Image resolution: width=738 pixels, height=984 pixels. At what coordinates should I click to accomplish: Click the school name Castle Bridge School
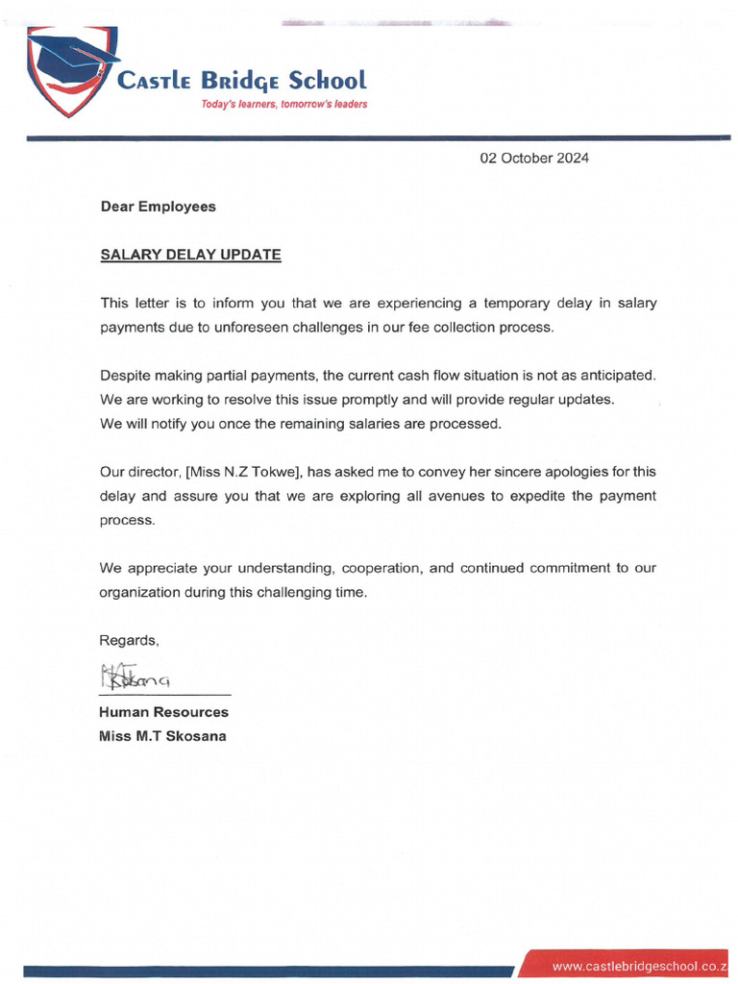[241, 81]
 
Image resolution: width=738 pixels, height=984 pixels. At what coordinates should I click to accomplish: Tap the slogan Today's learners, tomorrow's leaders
[283, 104]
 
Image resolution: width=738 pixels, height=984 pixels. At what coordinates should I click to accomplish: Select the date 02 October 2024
[534, 158]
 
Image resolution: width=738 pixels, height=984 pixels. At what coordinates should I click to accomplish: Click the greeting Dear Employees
[159, 207]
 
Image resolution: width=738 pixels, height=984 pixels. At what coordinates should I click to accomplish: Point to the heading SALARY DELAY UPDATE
[190, 255]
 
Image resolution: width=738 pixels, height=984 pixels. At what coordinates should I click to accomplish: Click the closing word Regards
[129, 640]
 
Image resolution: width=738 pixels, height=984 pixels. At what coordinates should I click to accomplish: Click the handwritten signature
[135, 676]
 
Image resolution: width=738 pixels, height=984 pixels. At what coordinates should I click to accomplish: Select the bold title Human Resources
[163, 712]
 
